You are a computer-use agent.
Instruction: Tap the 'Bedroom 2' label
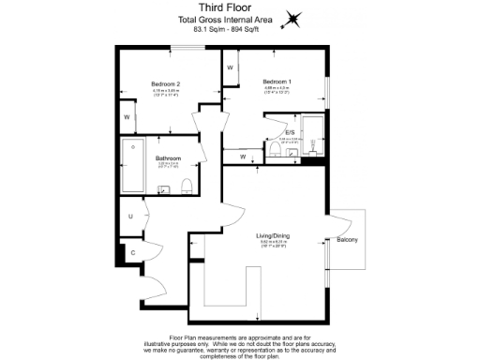coord(165,83)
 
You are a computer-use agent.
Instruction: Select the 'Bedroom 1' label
coord(277,81)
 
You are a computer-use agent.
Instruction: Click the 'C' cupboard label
coord(132,252)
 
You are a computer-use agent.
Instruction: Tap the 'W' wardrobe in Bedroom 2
coord(127,117)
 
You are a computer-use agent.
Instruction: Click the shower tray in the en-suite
coord(313,135)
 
